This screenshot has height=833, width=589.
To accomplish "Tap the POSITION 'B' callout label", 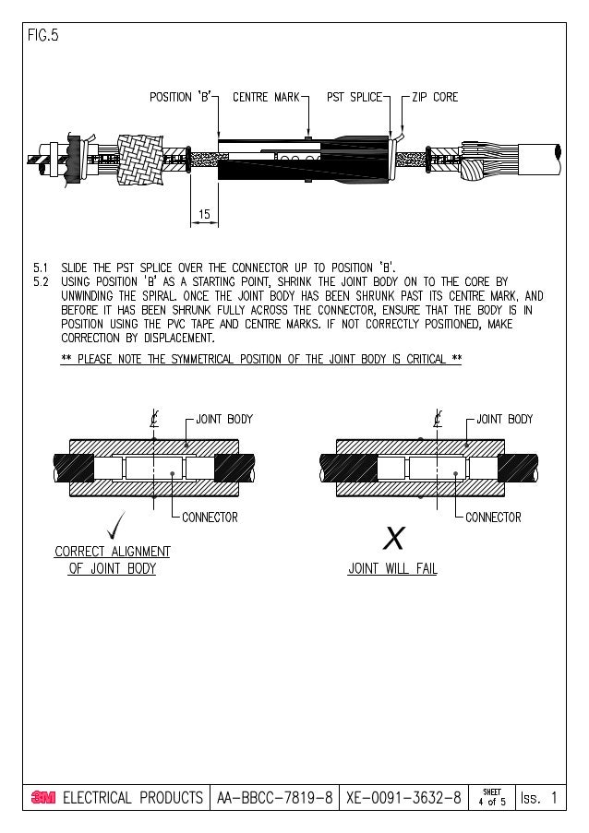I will point(182,97).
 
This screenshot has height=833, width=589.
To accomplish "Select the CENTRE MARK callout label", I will point(266,97).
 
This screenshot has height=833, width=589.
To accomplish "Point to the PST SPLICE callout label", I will point(355,97).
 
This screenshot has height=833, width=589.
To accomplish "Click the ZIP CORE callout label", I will point(435,97).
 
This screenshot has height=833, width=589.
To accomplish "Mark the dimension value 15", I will point(204,214).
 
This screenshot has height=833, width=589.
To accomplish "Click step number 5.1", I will point(40,268).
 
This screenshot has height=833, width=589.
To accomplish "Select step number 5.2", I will point(40,282).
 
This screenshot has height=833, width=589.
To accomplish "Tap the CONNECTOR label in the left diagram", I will point(210,518).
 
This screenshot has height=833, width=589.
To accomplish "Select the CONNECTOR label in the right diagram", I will point(493,518).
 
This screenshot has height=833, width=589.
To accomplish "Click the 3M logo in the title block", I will point(43,798).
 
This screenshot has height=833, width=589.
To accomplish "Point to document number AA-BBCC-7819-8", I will point(275,798).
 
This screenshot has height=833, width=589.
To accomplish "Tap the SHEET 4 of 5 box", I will point(491,798).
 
